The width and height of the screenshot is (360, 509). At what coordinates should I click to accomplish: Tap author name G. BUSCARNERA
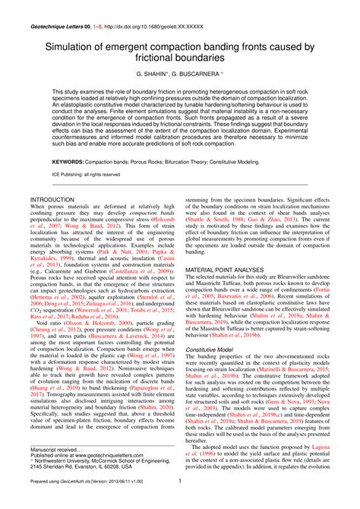pos(197,77)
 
